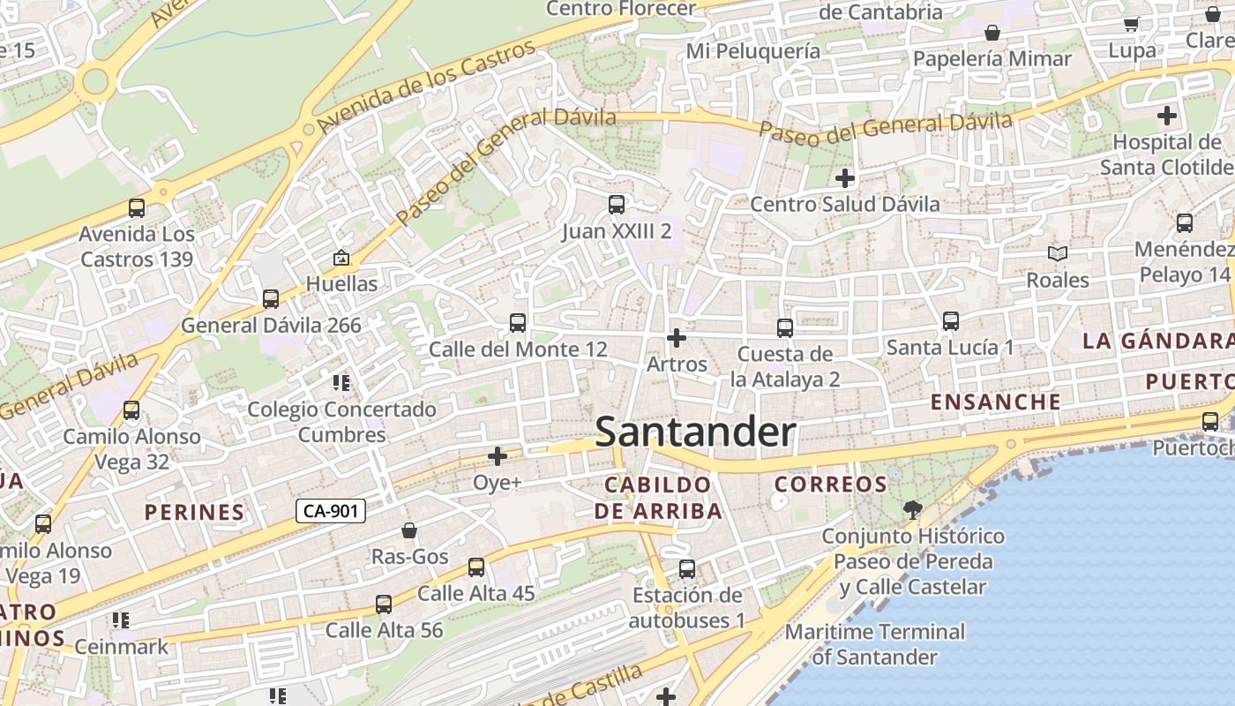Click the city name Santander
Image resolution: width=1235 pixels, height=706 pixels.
(696, 432)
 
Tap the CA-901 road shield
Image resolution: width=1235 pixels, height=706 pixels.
(330, 510)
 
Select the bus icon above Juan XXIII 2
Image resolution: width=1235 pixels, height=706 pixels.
(617, 205)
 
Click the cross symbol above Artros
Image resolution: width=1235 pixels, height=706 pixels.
(677, 338)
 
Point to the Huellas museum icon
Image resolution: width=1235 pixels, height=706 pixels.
(341, 258)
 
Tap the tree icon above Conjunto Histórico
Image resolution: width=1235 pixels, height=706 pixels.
(912, 509)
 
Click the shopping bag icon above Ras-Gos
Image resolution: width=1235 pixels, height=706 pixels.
(409, 530)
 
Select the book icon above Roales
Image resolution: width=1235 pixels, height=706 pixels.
(1058, 254)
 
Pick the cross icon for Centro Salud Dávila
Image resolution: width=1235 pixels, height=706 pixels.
(845, 178)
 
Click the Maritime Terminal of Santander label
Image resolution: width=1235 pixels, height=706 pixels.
(875, 644)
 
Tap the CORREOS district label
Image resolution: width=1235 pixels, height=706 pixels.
(830, 484)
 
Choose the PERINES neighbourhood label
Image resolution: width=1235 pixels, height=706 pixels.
(194, 512)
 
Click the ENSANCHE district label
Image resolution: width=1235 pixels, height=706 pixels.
(996, 402)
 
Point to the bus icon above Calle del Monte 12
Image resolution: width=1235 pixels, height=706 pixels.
(518, 323)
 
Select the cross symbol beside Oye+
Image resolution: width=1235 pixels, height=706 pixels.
(498, 456)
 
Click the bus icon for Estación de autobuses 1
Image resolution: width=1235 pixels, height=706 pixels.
(687, 569)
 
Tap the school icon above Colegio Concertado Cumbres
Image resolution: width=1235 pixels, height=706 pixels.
(341, 383)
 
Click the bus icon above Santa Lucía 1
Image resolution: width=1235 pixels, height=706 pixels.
(950, 321)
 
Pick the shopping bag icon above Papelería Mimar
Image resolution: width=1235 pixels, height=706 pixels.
(992, 33)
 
